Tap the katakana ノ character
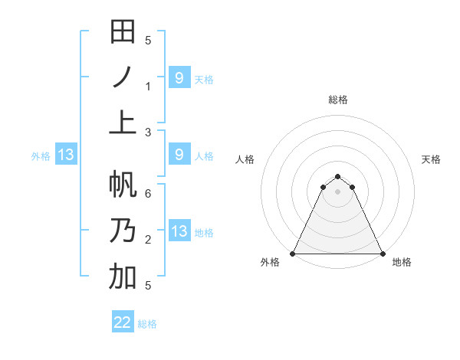click(x=123, y=77)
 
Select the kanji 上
click(x=123, y=122)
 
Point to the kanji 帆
click(x=123, y=185)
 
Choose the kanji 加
click(x=123, y=276)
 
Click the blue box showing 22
click(x=123, y=322)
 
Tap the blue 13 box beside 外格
click(x=65, y=155)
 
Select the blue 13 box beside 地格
click(x=179, y=231)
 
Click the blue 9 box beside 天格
click(x=179, y=77)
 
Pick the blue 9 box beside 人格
click(x=179, y=155)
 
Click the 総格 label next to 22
click(x=147, y=324)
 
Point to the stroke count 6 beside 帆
click(x=148, y=194)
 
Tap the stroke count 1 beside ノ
click(x=148, y=86)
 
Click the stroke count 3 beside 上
click(x=148, y=132)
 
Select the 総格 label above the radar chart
click(x=338, y=100)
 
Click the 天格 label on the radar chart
click(x=432, y=159)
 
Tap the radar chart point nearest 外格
click(x=293, y=254)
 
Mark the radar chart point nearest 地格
click(x=383, y=254)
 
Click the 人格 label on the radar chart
click(x=245, y=159)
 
